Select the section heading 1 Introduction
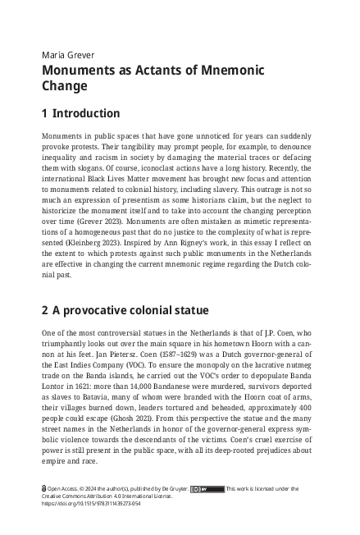[92, 114]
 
